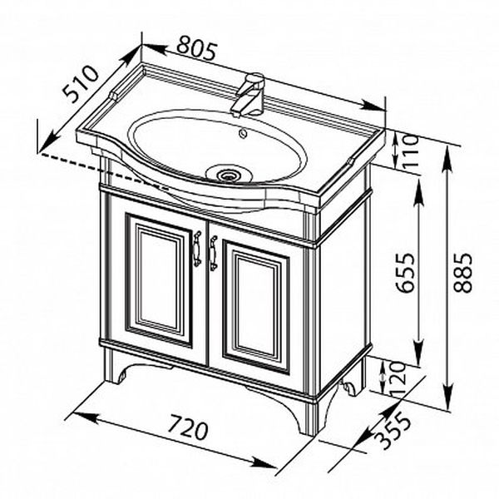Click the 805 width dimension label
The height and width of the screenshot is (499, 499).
(197, 49)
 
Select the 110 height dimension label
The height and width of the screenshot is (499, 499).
(409, 153)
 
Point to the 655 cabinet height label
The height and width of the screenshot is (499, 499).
(407, 273)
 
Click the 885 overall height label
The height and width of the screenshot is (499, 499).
(462, 273)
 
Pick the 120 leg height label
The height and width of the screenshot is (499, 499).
(398, 379)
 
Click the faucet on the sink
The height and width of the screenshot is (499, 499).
(249, 95)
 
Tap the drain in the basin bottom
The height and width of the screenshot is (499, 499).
(227, 174)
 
